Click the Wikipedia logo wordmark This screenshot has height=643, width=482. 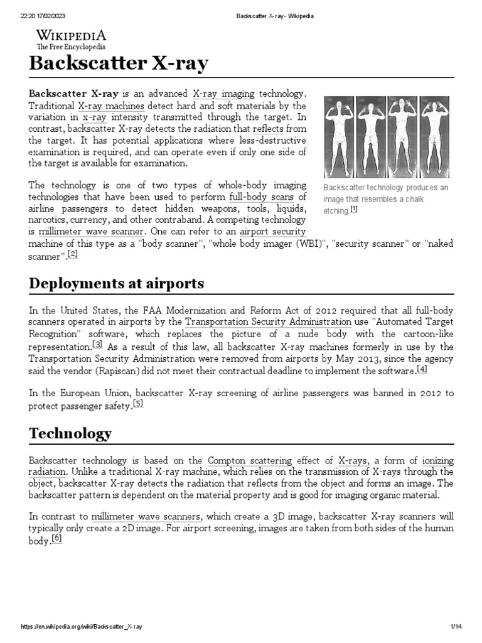tap(70, 36)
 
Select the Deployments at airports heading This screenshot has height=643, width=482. tap(117, 283)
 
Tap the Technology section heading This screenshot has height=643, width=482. tap(70, 433)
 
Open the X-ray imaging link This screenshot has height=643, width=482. tap(223, 94)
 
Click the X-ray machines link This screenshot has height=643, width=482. tap(111, 105)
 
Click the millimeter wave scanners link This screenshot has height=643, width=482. tap(146, 516)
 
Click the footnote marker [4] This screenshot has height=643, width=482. tap(422, 369)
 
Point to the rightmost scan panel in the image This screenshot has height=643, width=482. tap(434, 137)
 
